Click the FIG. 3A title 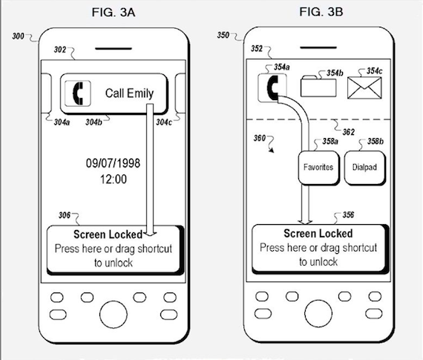point(114,13)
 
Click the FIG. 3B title point(321,12)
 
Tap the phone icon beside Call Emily point(78,94)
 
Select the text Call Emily point(129,94)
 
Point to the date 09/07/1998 point(113,163)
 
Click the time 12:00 point(114,179)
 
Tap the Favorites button point(318,168)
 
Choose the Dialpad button point(364,168)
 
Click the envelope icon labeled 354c point(364,88)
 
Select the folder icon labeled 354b point(318,86)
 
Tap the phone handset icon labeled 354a point(272,88)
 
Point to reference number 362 point(348,132)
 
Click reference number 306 point(65,215)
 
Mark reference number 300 point(18,36)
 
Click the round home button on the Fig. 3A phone point(114,315)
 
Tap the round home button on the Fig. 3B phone point(318,313)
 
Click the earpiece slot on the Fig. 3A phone point(114,49)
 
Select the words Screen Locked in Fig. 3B point(318,233)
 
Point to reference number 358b point(376,142)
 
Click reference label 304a point(62,122)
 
